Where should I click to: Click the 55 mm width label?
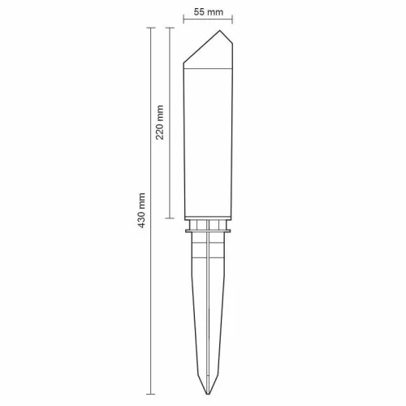(209, 13)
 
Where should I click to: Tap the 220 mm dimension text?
(160, 122)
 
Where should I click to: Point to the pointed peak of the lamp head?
(219, 32)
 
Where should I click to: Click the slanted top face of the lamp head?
(201, 50)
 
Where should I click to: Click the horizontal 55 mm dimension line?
(209, 23)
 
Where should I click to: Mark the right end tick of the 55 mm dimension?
(233, 23)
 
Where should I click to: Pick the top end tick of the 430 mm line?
(150, 27)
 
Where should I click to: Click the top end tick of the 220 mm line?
(170, 27)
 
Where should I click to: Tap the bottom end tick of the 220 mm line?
(170, 218)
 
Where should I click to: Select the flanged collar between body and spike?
(209, 231)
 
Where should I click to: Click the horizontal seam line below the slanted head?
(209, 69)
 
